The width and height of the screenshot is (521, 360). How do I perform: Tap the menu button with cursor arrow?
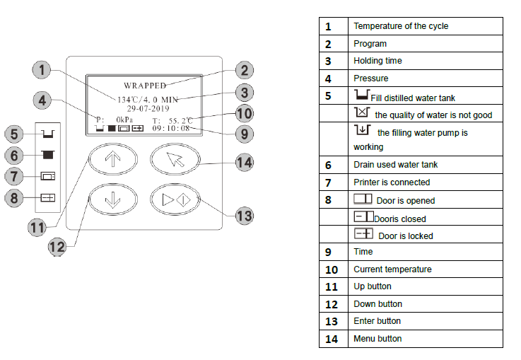[175, 160]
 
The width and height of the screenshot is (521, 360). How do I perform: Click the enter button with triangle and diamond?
[175, 199]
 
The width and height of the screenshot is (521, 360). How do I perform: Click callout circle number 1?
[42, 70]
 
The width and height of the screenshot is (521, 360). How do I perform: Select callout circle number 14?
[244, 163]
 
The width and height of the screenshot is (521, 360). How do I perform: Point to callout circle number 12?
[57, 247]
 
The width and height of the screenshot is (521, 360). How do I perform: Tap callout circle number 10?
[244, 114]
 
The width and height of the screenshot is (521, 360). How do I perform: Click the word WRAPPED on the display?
[145, 86]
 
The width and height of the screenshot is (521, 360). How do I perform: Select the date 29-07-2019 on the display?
[148, 108]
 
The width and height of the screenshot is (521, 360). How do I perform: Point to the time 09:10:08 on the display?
[171, 128]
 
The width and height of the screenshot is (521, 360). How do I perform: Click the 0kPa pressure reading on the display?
[124, 120]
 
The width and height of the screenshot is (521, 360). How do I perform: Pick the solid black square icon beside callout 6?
[48, 155]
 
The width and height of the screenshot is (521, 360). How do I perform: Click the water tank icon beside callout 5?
[48, 134]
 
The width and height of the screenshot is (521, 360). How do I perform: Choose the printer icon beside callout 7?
[48, 176]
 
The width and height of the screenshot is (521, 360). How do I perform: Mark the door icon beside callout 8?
[48, 198]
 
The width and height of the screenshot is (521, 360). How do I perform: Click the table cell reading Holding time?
[377, 61]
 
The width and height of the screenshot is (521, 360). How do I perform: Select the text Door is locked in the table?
[405, 236]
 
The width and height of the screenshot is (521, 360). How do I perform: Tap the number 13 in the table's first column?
[332, 321]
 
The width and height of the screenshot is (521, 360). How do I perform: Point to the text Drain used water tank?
[395, 165]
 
